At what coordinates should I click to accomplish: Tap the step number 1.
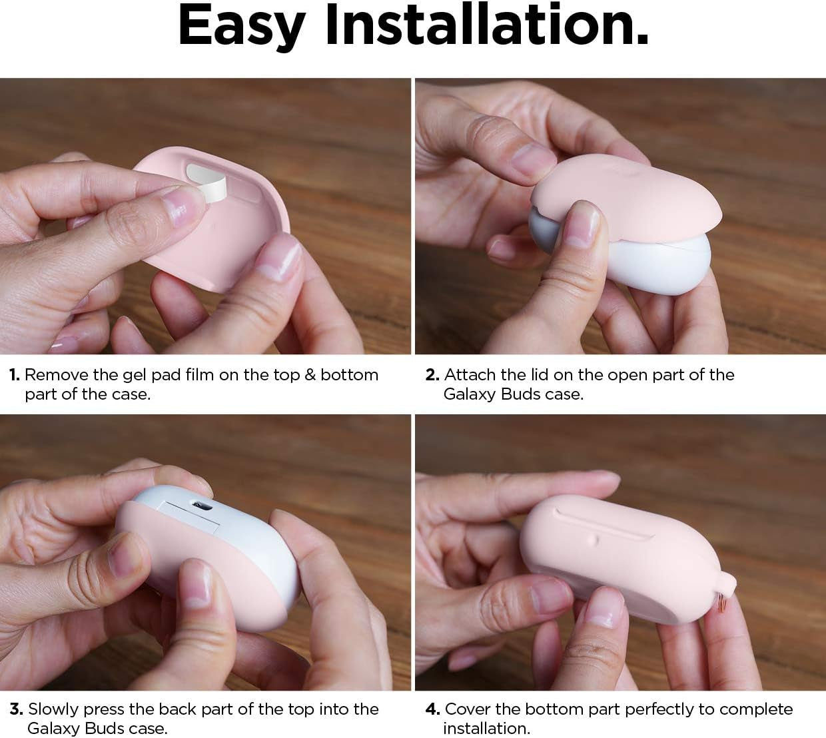pos(14,375)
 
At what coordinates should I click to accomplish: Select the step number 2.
pos(432,375)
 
